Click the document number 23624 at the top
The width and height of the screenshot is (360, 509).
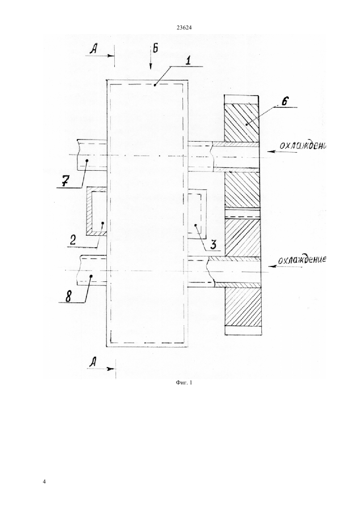point(184,28)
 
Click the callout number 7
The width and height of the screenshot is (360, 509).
point(65,182)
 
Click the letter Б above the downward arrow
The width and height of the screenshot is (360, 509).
point(155,49)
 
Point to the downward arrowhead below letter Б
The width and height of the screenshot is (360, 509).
point(151,66)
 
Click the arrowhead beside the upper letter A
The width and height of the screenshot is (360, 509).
point(111,56)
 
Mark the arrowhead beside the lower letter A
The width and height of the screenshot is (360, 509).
point(111,369)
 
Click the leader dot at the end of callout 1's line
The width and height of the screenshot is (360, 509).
point(155,85)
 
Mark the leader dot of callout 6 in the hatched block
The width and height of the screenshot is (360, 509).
point(246,125)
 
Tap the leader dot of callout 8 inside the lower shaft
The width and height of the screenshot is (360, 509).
point(91,276)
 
